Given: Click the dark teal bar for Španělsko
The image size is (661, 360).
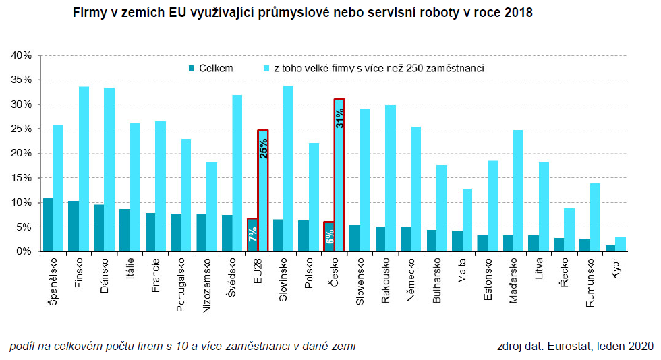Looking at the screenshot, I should [x=49, y=225].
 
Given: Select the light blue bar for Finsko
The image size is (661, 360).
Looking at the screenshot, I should [x=84, y=169].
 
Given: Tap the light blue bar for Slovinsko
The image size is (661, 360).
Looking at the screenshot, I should [x=289, y=169].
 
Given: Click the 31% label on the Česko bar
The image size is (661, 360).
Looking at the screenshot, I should [x=340, y=117].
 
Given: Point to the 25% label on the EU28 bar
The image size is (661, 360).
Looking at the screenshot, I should [x=263, y=148].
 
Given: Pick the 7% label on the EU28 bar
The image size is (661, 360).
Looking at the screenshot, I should [x=252, y=235].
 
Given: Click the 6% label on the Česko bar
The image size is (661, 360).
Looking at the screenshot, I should [x=329, y=237].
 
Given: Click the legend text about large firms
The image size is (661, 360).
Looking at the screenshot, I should [x=378, y=68].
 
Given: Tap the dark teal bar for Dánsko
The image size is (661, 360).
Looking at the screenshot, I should [x=99, y=228].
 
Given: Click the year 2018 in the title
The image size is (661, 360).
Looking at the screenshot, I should [x=518, y=13].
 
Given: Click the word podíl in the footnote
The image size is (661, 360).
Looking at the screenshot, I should [x=22, y=347].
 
